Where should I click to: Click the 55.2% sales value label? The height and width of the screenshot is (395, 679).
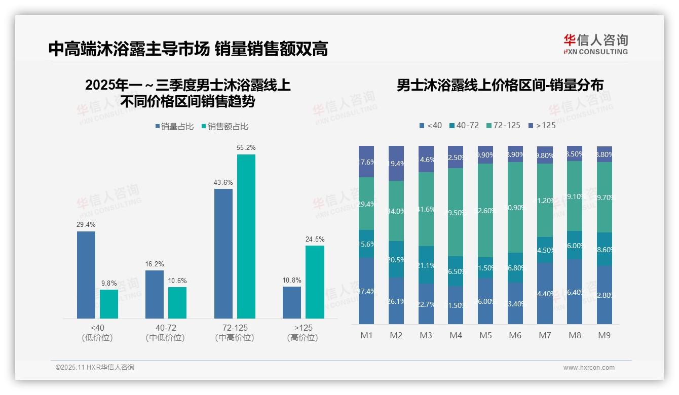point(246,148)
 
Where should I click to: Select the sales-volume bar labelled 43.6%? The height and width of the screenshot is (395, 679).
point(223,253)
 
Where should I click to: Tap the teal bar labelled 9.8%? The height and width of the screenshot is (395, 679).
point(109,304)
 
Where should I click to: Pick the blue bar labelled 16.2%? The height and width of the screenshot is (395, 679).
point(155,294)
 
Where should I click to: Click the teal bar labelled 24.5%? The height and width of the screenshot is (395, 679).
point(315,282)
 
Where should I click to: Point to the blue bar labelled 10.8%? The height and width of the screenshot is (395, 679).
point(292,302)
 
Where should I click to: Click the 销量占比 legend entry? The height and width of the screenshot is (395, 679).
point(174,127)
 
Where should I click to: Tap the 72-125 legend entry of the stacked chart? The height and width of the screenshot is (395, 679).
point(503,125)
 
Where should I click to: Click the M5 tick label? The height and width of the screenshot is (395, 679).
point(486,335)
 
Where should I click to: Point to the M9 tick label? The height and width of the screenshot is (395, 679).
point(605,335)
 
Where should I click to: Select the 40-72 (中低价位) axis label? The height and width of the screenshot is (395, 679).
point(166,333)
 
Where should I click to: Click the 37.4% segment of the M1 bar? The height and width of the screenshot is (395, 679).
point(366,291)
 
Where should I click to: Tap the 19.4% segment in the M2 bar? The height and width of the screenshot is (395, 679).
point(396,163)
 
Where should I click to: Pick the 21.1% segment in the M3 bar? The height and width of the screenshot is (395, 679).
point(426,264)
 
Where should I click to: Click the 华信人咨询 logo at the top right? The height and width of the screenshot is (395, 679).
point(595,44)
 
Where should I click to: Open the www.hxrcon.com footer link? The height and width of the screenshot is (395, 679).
point(589,368)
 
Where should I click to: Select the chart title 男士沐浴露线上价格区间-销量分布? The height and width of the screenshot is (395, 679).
point(500,86)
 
